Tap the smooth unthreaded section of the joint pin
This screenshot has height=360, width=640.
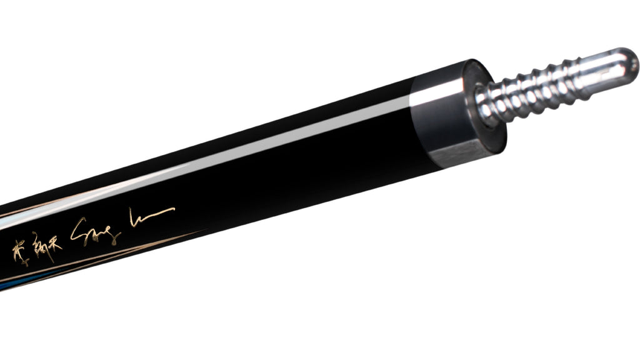pos(600,70)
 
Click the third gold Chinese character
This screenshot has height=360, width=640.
pos(55,241)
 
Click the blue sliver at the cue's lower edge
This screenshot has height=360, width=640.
pos(12,284)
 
